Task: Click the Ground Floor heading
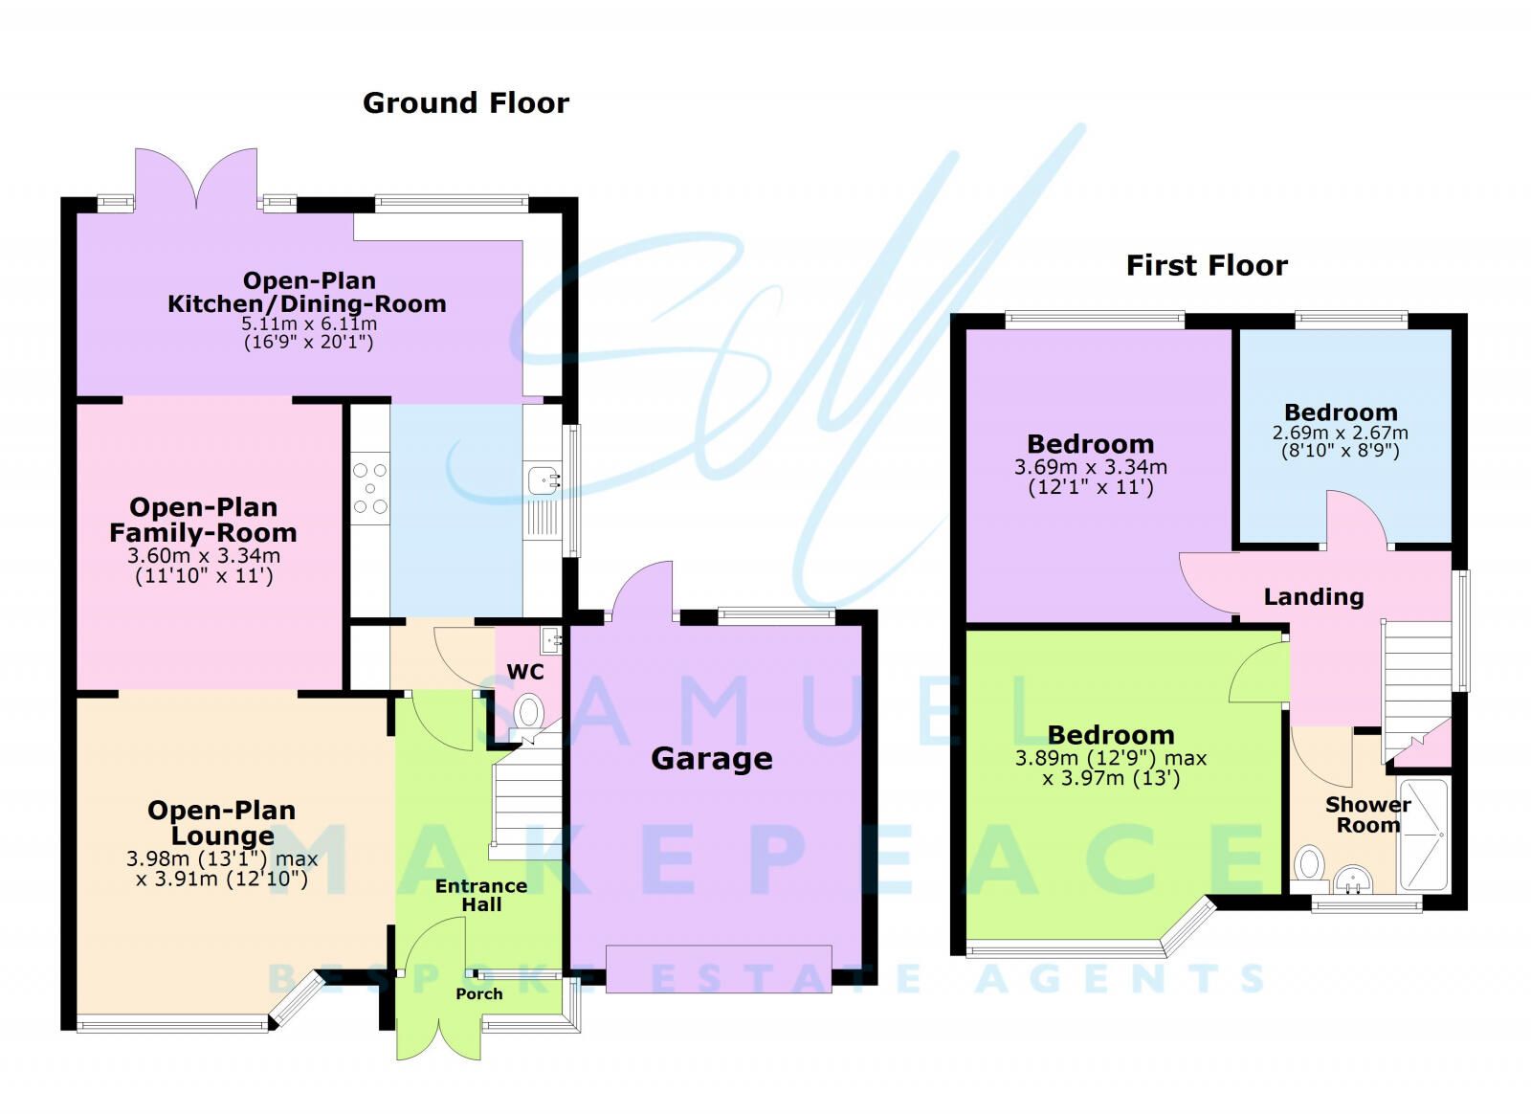465,103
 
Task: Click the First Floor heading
1207,265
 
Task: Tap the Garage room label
711,759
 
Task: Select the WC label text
525,672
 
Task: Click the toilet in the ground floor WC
528,713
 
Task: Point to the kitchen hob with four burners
370,488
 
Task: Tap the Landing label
1313,597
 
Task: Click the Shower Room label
1367,814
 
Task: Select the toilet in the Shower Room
1309,864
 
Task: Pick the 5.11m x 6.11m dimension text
308,324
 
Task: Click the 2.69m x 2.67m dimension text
1340,433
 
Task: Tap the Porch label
478,993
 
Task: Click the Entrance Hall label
481,895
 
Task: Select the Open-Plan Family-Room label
203,520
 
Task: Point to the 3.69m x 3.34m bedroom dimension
1090,467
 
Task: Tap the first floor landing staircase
1417,684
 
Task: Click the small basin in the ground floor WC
549,638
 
